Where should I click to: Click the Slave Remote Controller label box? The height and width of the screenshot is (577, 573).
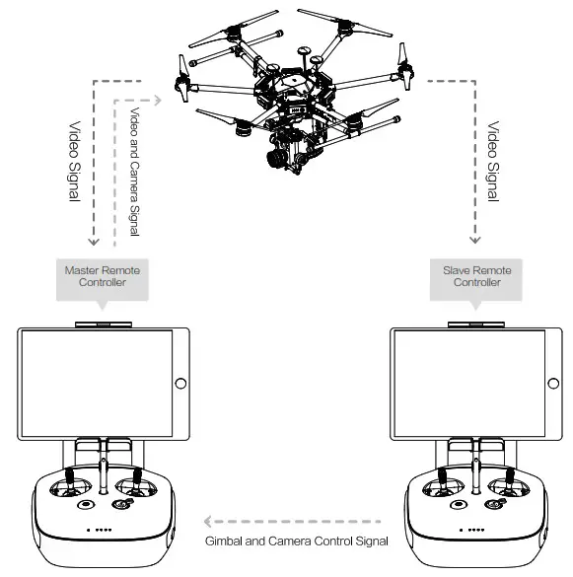pyautogui.click(x=477, y=275)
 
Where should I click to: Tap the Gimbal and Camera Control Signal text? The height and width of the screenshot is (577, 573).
pyautogui.click(x=296, y=541)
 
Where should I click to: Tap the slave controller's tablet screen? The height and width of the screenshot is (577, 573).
pyautogui.click(x=469, y=383)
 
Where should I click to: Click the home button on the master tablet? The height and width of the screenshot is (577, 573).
pyautogui.click(x=179, y=384)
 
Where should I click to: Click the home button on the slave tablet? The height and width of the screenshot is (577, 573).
pyautogui.click(x=553, y=384)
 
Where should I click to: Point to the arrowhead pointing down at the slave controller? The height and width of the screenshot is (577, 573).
pyautogui.click(x=475, y=239)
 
